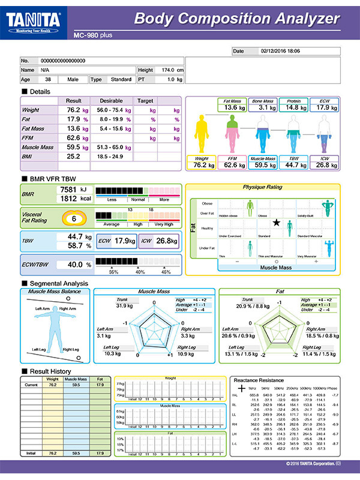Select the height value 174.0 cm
point(169,70)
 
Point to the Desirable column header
point(112,101)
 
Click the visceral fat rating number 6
point(73,219)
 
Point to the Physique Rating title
point(262,187)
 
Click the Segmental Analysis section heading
point(58,283)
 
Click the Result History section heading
point(50,372)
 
